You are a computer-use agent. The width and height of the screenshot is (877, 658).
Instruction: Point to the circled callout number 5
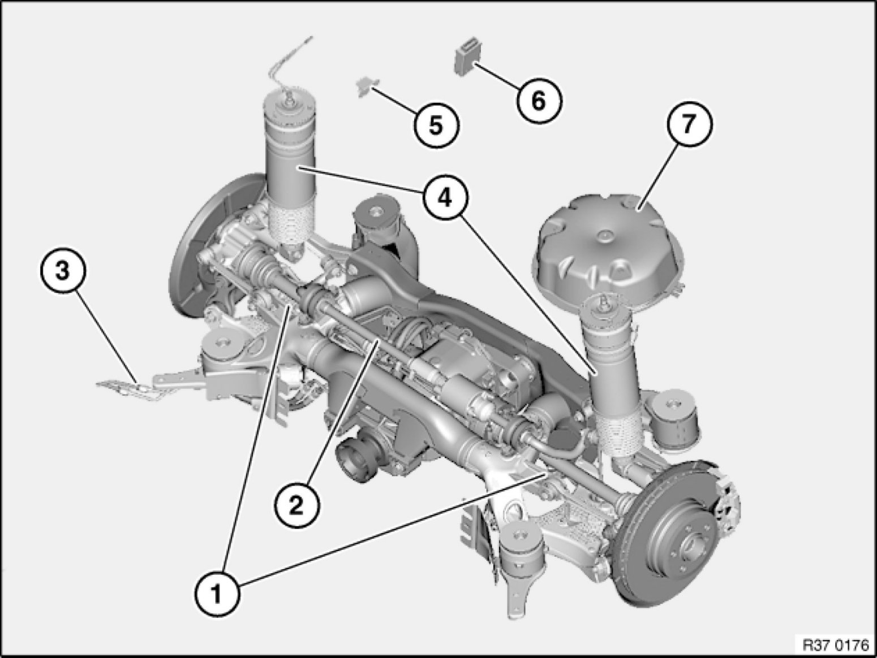(436, 125)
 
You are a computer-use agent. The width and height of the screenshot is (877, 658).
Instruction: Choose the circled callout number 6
(539, 100)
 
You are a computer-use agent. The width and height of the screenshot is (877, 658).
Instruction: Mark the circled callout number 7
(689, 124)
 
